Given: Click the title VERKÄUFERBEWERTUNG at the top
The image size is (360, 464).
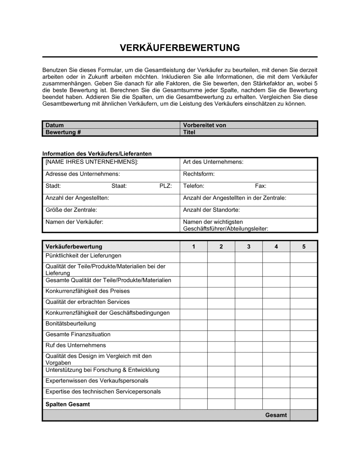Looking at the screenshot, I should point(180,48).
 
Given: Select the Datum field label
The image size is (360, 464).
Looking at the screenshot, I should point(54,125).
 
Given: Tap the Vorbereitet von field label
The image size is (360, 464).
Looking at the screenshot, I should point(204,125).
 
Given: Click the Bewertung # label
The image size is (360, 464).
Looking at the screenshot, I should point(63,132).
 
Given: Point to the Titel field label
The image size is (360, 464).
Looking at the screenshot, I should point(189,132).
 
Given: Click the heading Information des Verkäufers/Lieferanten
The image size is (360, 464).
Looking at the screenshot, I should point(97,154).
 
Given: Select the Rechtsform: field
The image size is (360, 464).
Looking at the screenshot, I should point(199,174).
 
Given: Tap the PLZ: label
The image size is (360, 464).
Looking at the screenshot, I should point(166,186).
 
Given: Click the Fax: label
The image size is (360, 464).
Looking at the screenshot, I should point(261,186).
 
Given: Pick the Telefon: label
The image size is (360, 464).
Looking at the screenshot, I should point(193,186).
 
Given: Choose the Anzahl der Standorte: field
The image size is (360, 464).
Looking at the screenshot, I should point(211,210).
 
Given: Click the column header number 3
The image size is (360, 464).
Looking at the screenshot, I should point(249,247).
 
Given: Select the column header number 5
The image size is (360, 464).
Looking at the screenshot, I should point(304,247).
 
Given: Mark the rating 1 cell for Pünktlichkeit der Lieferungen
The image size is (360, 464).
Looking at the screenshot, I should point(194,257).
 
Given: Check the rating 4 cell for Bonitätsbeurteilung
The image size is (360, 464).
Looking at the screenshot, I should point(276,325).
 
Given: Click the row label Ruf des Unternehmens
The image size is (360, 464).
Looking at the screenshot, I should point(76,345).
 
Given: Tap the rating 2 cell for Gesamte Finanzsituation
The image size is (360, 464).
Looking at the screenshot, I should point(221,336).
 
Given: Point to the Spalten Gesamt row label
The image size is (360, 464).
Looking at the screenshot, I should point(67,404).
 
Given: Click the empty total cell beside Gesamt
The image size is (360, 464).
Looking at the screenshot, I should point(304,415).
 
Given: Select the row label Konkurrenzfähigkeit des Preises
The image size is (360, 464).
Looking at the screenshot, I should point(87,291).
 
